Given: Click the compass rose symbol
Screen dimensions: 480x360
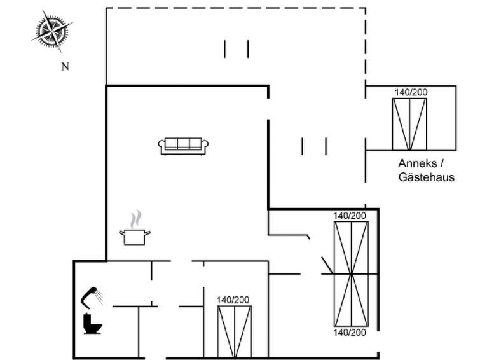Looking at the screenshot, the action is (x=52, y=31).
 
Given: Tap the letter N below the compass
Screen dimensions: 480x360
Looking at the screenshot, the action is (x=65, y=67).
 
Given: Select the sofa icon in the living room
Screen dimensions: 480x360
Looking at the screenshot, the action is (x=183, y=146).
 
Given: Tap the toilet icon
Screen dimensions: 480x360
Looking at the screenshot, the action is (x=92, y=324).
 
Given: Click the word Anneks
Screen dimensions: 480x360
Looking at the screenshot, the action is (x=418, y=163).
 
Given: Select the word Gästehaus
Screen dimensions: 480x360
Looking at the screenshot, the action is (x=427, y=177).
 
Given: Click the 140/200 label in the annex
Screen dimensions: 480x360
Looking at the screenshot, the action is (x=411, y=92).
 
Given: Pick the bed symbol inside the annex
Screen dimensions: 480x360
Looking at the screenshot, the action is (x=409, y=125).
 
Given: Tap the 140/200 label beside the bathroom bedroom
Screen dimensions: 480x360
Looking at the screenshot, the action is (x=233, y=300).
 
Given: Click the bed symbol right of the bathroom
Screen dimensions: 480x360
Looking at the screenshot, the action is (x=235, y=332).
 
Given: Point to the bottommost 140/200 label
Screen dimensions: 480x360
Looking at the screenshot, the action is (x=350, y=333).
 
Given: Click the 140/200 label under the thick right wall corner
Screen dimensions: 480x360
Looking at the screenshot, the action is (x=350, y=216).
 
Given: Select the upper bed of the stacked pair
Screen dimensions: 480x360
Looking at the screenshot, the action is (x=351, y=247).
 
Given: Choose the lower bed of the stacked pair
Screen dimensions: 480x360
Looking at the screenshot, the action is (x=351, y=300).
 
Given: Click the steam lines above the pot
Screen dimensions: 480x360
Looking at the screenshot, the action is (x=135, y=219).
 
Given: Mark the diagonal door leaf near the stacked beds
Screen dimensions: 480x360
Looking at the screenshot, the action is (x=327, y=265).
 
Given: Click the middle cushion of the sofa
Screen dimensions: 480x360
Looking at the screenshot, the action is (x=183, y=143).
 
